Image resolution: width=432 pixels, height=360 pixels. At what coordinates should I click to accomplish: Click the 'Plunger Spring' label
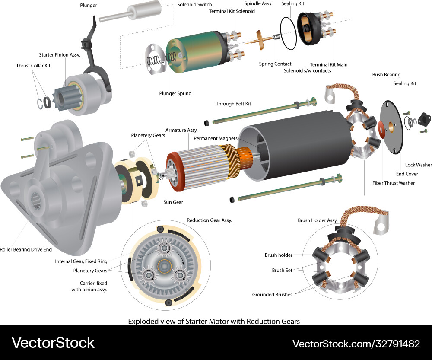[x=175, y=93]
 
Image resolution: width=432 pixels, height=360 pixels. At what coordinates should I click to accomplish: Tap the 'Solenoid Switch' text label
[x=194, y=5]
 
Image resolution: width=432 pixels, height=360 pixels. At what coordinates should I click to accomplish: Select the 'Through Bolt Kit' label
[x=233, y=104]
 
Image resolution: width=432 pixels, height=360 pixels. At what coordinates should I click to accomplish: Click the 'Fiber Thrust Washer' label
[x=394, y=183]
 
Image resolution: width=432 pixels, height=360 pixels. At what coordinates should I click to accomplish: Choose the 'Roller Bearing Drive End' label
[x=25, y=249]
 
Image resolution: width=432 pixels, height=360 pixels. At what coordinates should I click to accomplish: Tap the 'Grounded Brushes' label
[x=272, y=295]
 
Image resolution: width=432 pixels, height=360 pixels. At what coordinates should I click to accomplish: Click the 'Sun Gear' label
[x=173, y=202]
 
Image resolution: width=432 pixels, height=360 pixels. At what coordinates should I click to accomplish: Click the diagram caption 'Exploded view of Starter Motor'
[x=214, y=321]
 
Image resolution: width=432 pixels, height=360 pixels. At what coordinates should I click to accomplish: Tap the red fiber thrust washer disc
[x=381, y=127]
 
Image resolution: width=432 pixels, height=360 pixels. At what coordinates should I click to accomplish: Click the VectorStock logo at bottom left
[x=53, y=343]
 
